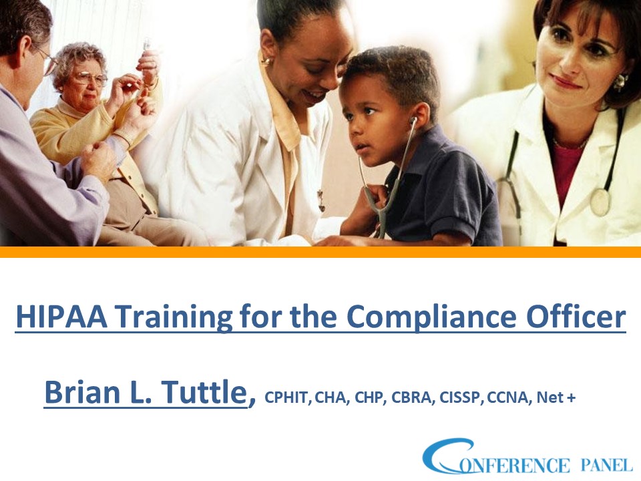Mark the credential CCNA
(x=507, y=399)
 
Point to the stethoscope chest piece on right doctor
(x=600, y=202)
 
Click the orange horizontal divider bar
(x=320, y=252)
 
